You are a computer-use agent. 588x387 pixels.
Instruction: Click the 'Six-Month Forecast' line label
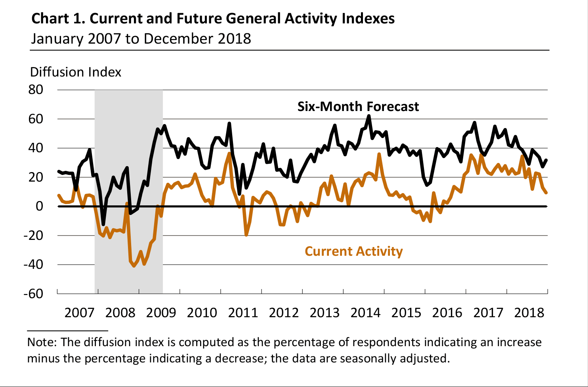358,107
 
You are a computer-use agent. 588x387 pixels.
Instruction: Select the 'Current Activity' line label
353,251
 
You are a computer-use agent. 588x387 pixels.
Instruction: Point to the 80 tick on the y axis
36,90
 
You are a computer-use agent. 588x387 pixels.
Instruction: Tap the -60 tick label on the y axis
33,293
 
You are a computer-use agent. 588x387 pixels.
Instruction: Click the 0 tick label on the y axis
39,206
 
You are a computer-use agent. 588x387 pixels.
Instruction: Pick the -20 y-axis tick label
33,235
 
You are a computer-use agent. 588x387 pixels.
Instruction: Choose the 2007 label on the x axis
79,312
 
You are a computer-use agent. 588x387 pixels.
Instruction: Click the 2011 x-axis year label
243,312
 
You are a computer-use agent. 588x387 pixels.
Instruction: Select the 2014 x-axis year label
365,312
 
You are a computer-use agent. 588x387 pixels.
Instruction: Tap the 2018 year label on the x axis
529,312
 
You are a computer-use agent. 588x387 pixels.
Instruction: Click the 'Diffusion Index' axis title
75,72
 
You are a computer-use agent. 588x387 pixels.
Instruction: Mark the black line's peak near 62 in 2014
369,116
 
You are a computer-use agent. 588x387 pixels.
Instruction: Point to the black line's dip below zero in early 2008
103,224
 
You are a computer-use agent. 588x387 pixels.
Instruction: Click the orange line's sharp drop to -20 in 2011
246,235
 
